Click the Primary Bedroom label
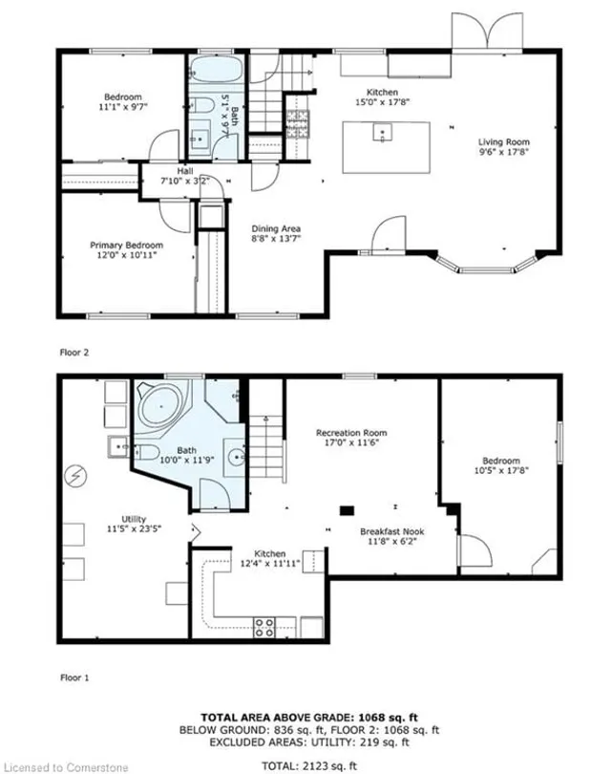click(x=121, y=244)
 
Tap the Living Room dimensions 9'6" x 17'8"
click(x=504, y=151)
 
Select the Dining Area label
click(x=276, y=228)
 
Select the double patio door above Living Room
click(x=474, y=35)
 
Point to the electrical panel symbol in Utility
click(x=74, y=475)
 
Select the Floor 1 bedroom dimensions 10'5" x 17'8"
click(x=501, y=469)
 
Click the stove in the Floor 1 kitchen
click(x=264, y=627)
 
